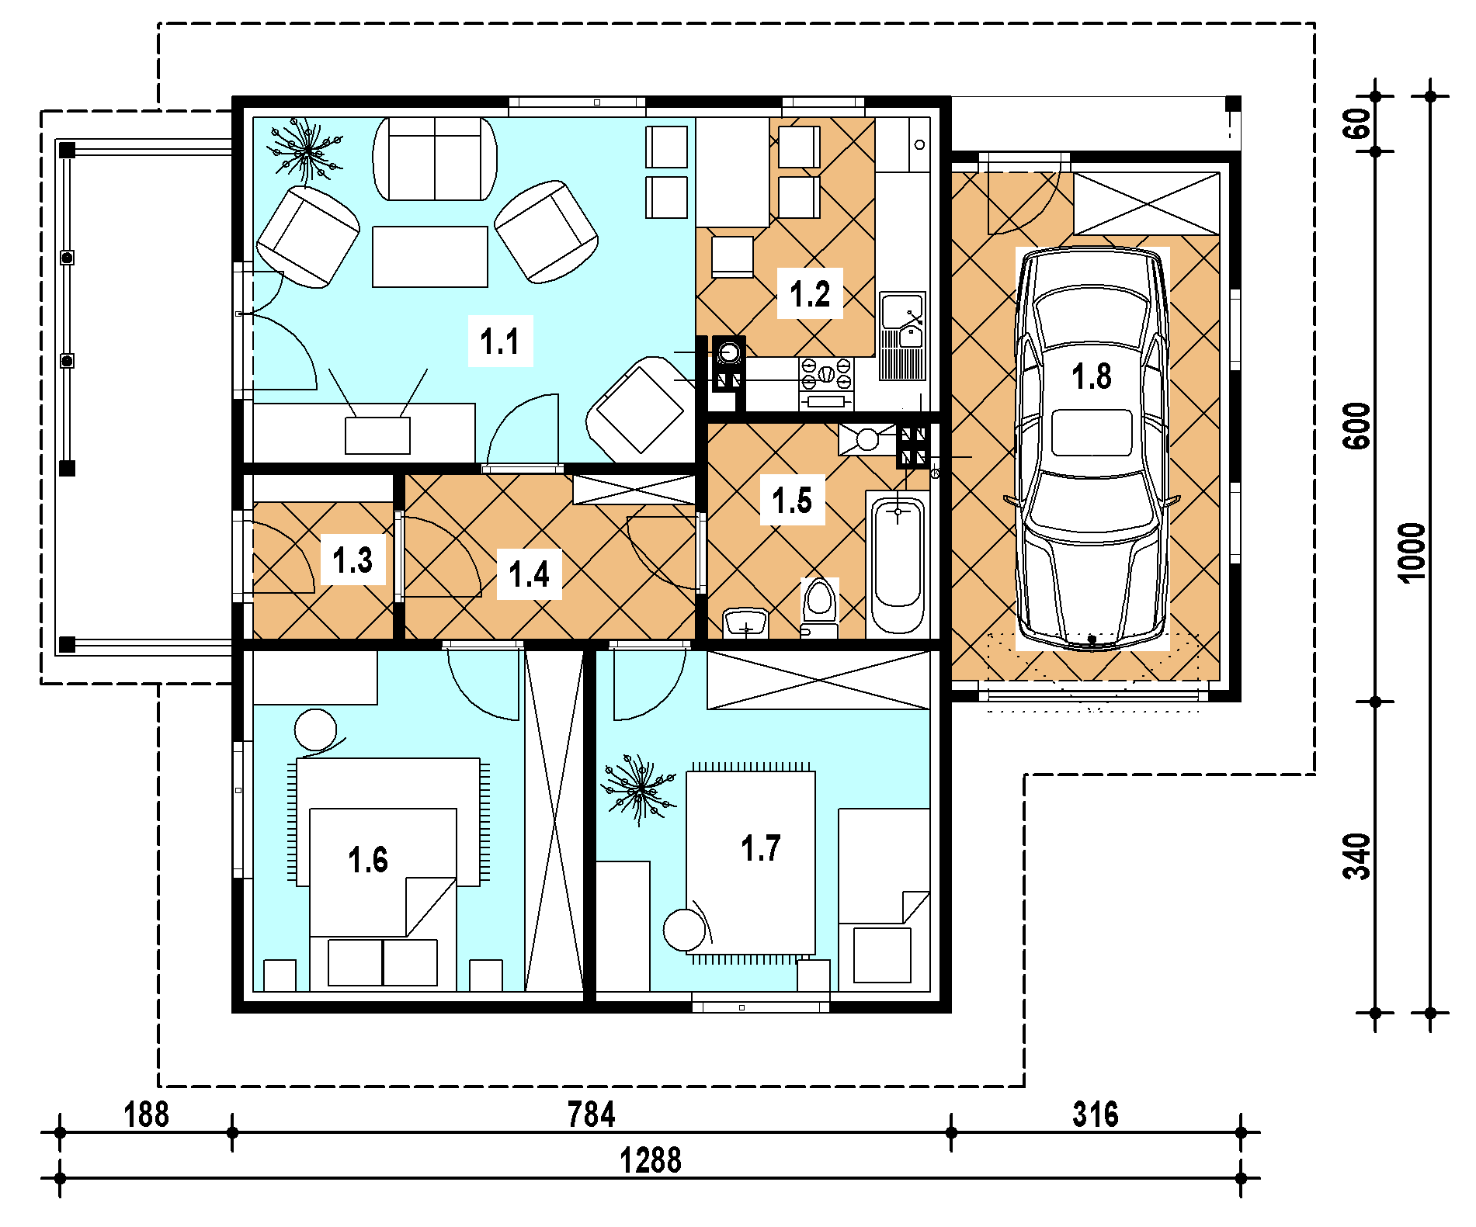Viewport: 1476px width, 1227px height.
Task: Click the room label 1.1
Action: pos(500,341)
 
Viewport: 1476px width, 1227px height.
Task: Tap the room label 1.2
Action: pos(810,294)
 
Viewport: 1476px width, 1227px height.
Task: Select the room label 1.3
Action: pos(353,560)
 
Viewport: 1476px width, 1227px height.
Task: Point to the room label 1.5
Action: pos(792,500)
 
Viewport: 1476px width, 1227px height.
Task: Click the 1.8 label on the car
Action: pos(1092,376)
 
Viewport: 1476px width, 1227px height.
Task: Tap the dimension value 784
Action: pos(591,1114)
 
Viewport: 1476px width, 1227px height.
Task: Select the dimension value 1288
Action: pos(651,1161)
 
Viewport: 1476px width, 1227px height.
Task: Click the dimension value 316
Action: pos(1096,1114)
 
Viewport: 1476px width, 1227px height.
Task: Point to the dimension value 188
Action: pos(146,1114)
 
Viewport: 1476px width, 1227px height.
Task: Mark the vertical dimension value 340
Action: pos(1357,857)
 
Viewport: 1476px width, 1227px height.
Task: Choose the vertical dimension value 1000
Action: pos(1412,553)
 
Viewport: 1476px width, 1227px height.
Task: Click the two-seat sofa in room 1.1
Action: pos(435,159)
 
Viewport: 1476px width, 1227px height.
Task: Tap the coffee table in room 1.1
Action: pos(430,257)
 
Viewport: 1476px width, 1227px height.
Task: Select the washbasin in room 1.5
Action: pos(745,622)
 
